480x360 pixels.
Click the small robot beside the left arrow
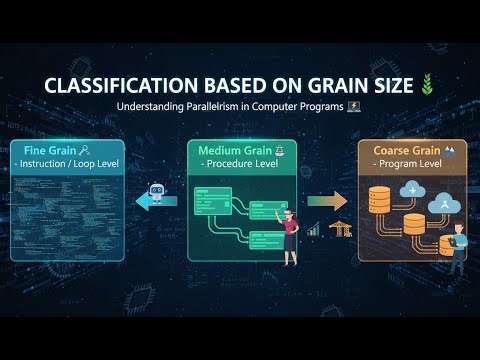point(155,192)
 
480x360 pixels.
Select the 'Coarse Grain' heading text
point(403,150)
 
